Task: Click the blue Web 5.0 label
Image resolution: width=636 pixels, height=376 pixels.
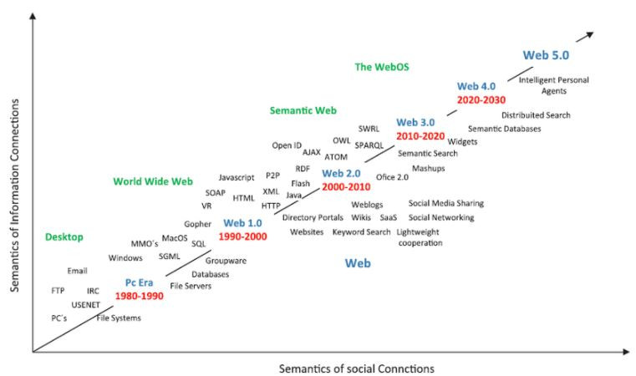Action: click(546, 55)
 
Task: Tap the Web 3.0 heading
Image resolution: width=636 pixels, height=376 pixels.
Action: click(415, 122)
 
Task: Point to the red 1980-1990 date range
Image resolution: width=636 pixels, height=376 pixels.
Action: click(139, 296)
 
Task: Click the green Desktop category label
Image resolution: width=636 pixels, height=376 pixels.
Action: click(64, 237)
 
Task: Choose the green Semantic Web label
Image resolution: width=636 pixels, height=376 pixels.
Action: click(302, 110)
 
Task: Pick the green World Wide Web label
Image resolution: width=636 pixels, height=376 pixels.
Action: click(153, 181)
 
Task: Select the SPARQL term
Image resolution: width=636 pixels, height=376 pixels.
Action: click(369, 145)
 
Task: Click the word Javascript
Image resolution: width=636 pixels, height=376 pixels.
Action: click(237, 177)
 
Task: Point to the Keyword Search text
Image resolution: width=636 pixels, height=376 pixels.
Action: click(361, 231)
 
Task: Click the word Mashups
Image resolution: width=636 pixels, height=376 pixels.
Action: click(429, 168)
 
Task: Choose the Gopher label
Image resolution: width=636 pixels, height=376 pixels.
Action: click(198, 224)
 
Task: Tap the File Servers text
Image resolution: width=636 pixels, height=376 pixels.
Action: click(191, 286)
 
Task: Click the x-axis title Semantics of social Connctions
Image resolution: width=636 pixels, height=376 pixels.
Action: click(357, 368)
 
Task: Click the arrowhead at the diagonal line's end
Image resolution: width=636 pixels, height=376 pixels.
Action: click(588, 34)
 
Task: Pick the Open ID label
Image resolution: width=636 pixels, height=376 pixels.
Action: click(287, 145)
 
